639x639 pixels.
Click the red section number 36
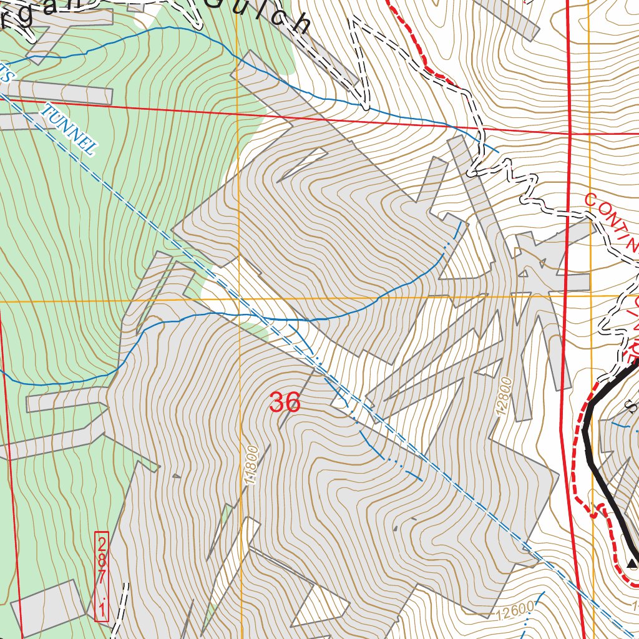(x=285, y=402)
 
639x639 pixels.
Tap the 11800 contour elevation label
(x=251, y=465)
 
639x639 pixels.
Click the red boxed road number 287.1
(x=102, y=576)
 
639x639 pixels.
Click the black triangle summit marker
(x=632, y=564)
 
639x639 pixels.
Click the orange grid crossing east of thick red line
(x=590, y=295)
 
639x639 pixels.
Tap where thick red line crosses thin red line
(x=570, y=133)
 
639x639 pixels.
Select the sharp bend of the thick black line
(x=585, y=429)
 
